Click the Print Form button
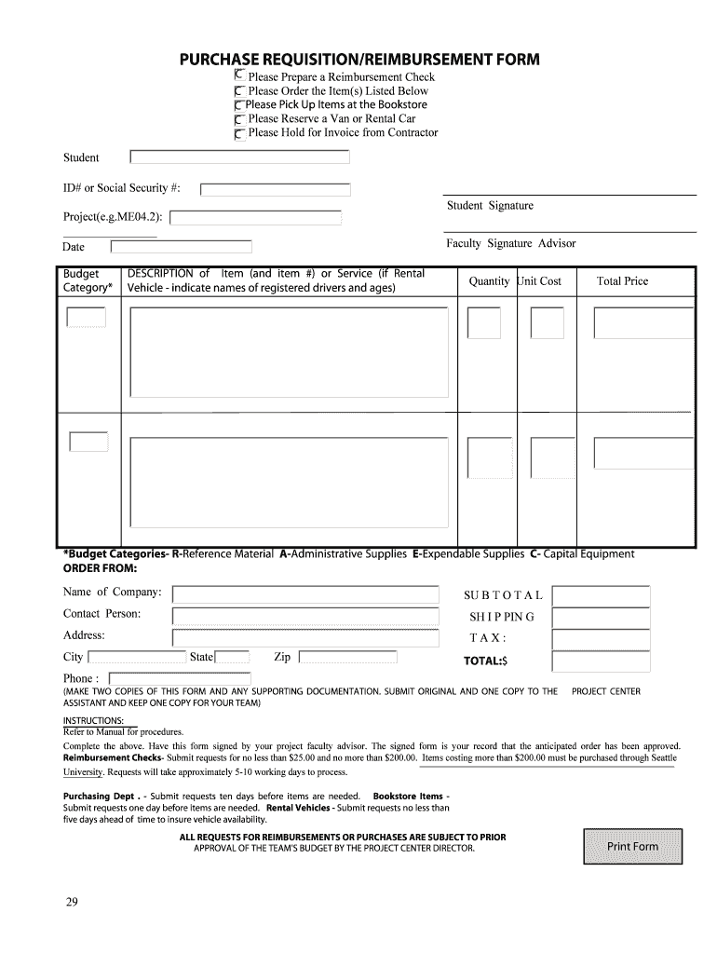[632, 846]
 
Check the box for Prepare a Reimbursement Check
[240, 75]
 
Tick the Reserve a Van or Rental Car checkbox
[240, 120]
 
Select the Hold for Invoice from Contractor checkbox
[240, 134]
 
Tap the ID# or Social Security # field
[276, 189]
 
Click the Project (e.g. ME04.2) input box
[256, 218]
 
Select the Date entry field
[181, 247]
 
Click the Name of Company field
[305, 594]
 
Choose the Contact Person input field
[305, 616]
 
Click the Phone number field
[180, 678]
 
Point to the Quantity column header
[489, 281]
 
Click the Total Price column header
[622, 281]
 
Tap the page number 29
[72, 902]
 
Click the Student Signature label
[490, 206]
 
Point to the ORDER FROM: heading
[100, 567]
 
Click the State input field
[233, 658]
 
